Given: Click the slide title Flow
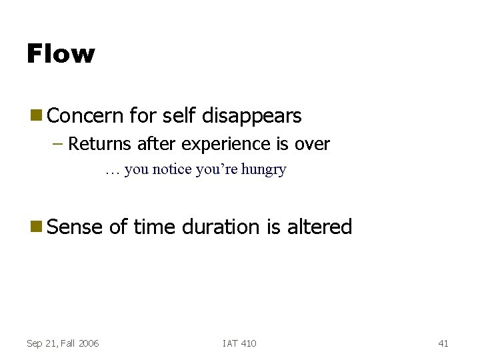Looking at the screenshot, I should pos(61,53).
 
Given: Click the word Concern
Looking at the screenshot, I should pos(86,116).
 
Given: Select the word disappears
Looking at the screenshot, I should pos(252,116).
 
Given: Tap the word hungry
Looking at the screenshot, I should pos(264,169).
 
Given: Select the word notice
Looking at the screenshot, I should pos(173,169).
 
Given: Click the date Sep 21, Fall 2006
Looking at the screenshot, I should pos(63,343).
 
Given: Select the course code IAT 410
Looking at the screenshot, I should pos(239,343).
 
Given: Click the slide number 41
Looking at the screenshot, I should pos(443,343).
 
